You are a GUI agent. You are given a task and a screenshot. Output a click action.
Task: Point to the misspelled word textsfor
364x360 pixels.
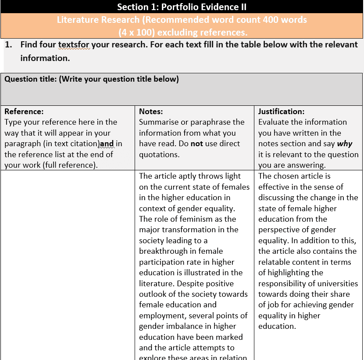[x=74, y=45]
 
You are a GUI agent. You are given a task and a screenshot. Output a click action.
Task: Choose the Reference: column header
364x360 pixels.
[x=24, y=112]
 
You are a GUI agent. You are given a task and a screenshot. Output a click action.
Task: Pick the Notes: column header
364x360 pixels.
[x=151, y=112]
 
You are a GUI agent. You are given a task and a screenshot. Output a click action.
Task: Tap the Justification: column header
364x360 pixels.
[x=281, y=112]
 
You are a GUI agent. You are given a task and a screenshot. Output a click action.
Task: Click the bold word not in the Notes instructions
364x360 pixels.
[x=196, y=144]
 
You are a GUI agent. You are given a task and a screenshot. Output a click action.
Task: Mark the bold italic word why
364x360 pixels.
[x=344, y=144]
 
